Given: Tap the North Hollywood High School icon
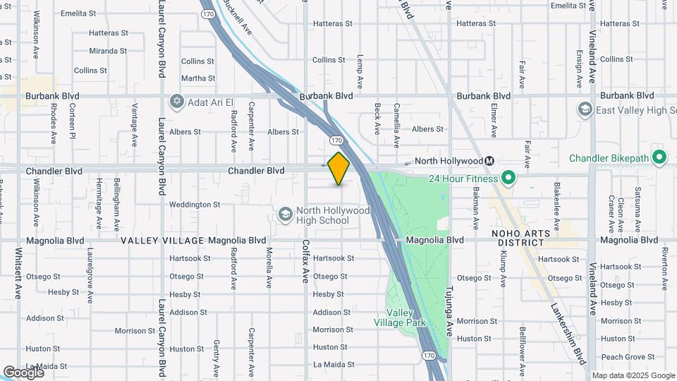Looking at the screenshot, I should tap(286, 214).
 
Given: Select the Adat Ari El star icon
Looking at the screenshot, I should tap(176, 102).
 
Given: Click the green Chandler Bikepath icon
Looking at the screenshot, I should tap(659, 157).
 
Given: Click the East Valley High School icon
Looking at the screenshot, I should tap(585, 109).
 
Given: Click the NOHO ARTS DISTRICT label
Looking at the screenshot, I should tap(521, 238).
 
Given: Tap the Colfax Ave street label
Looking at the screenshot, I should tap(306, 260).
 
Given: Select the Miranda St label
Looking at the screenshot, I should tap(108, 51).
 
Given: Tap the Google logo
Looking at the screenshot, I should tap(23, 372).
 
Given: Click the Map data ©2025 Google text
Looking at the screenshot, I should tap(633, 375).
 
